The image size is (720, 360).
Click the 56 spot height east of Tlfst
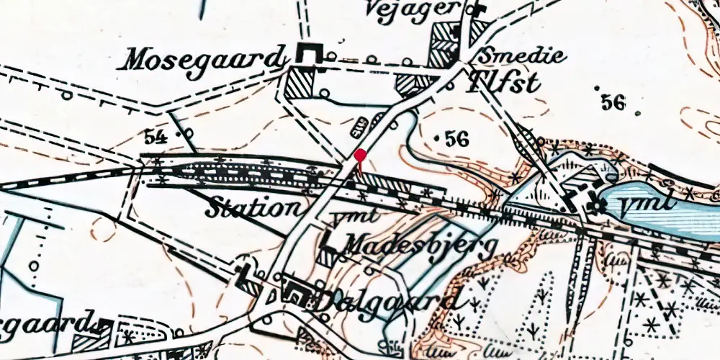point(613,102)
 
